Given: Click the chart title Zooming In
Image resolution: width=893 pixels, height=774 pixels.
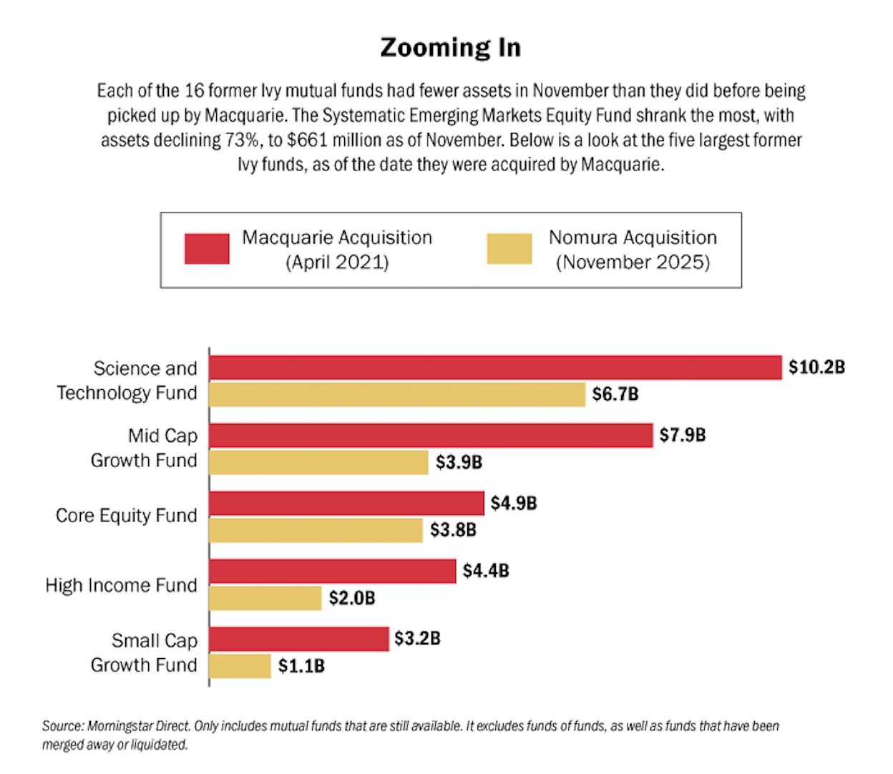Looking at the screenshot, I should tap(450, 47).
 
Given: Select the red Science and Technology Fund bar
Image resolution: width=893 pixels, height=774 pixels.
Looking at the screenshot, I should tap(495, 368).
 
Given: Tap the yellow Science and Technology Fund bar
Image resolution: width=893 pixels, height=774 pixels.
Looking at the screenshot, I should tap(397, 394).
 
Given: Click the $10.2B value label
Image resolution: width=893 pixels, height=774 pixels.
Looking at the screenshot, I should tap(816, 368).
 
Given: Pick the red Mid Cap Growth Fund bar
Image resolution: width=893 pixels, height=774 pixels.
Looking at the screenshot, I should tap(431, 436).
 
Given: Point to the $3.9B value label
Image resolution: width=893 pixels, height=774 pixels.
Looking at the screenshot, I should tap(459, 463).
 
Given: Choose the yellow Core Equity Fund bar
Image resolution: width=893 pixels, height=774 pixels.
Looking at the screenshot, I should tap(316, 530).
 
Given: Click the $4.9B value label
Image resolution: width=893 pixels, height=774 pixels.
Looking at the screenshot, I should tap(513, 504).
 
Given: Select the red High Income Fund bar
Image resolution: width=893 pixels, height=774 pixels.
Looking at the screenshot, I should tap(332, 571).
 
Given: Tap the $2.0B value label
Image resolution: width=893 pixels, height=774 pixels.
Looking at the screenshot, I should tap(351, 598).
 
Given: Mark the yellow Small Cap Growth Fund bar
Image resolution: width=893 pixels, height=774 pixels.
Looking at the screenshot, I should tap(240, 666).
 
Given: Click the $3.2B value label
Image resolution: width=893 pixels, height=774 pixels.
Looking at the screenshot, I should tap(417, 639).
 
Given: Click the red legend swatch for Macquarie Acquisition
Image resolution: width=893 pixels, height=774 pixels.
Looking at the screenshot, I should tap(207, 249).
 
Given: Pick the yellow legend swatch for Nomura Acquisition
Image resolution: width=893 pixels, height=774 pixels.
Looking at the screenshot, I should tap(509, 249).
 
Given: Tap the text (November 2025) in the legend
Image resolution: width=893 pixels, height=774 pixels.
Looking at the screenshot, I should tap(633, 263).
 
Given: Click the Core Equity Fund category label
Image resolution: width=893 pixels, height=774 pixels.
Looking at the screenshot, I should tap(126, 516).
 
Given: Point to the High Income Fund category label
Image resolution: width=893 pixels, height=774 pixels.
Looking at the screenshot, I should tap(121, 585).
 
